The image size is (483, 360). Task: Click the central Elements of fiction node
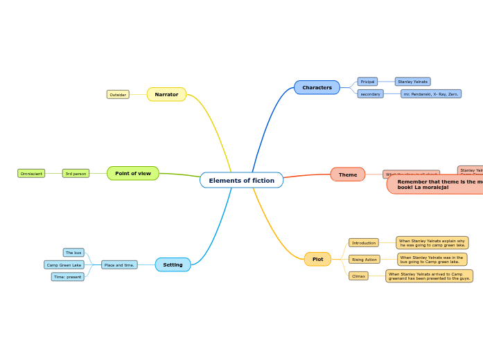[x=241, y=181]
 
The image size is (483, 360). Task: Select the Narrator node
[x=166, y=94]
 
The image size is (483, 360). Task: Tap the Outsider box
[x=118, y=94]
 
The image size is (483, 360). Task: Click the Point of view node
[x=132, y=173]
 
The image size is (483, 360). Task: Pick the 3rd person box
[x=76, y=173]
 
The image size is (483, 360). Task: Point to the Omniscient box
[x=31, y=173]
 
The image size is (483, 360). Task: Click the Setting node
[x=173, y=264]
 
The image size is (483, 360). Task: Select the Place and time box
[x=119, y=264]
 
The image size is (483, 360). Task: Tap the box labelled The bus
[x=73, y=253]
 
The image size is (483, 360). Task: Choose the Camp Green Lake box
[x=64, y=264]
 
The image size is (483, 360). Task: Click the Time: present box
[x=67, y=277]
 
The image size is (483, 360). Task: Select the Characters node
[x=317, y=87]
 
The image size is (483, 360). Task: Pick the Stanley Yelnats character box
[x=412, y=82]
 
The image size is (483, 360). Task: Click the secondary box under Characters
[x=370, y=93]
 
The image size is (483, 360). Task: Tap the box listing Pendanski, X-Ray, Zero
[x=430, y=93]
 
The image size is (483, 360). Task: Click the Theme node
[x=347, y=174]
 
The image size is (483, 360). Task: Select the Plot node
[x=317, y=259]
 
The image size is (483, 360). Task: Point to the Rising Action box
[x=364, y=259]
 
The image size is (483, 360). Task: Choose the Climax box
[x=358, y=276]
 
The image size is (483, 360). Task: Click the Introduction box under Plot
[x=363, y=243]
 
